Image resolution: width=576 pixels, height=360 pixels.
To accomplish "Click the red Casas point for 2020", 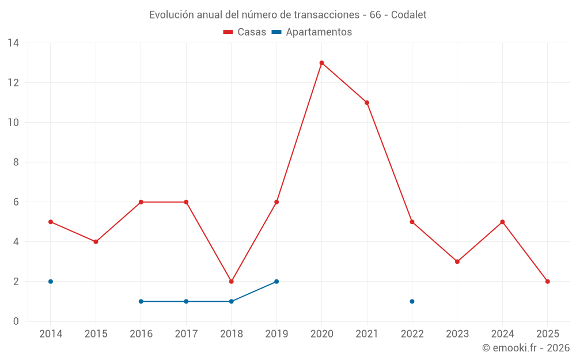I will (x=321, y=63).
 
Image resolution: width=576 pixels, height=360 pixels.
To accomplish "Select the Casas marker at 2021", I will (x=367, y=103).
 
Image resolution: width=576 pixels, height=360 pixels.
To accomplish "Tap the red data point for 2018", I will (x=232, y=282).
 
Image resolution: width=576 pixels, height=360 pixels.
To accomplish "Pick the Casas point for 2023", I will (x=457, y=262).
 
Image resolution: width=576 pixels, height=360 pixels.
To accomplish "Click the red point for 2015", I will (x=96, y=242).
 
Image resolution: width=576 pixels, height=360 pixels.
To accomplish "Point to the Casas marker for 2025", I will (x=548, y=282).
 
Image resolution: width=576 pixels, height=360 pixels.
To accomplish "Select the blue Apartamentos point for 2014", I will (x=51, y=282).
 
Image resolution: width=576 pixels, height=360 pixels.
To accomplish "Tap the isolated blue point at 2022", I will (x=412, y=301).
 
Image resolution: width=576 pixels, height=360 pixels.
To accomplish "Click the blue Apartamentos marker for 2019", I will (x=276, y=282).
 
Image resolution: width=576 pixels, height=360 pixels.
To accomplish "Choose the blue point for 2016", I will (x=141, y=301).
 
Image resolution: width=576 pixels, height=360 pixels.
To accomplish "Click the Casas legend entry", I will (x=245, y=32).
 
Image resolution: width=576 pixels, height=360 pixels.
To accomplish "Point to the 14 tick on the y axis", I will (x=13, y=43).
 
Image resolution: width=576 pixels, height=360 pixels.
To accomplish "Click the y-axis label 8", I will (x=16, y=162).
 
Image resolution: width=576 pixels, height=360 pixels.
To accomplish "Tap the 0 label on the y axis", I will (x=16, y=321).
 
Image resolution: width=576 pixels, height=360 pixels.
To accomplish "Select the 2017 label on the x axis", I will (x=186, y=334).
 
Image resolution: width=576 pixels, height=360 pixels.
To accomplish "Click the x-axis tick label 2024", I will (x=502, y=334).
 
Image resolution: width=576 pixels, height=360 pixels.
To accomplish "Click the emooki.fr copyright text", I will (x=526, y=348).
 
